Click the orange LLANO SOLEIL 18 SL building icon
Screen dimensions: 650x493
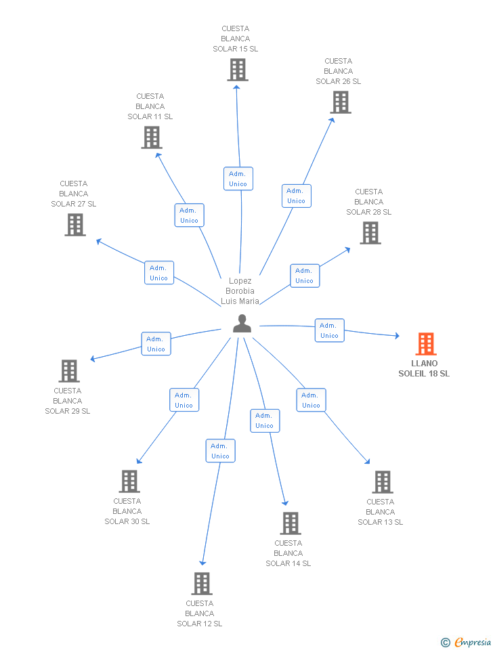pos(426,344)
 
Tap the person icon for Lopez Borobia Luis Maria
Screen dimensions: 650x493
pos(242,324)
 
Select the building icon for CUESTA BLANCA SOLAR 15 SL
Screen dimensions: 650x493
pos(237,70)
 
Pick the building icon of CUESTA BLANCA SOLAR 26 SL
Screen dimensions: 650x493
pos(340,102)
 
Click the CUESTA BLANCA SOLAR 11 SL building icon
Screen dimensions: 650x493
pos(152,137)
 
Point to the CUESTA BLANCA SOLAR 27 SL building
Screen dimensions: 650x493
pos(75,225)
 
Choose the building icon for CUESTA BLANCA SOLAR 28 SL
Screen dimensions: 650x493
pos(370,233)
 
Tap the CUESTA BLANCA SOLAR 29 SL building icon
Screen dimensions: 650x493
pos(69,371)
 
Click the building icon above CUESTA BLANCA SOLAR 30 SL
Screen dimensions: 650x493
pos(129,481)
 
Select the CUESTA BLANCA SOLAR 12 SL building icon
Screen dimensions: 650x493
pos(201,584)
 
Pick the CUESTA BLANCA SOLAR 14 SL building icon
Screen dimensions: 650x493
pos(290,523)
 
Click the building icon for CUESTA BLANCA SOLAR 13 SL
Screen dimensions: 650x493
pos(382,482)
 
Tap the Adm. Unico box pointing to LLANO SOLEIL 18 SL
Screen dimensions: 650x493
pos(329,330)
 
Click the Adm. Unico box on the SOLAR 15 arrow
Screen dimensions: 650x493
pos(238,179)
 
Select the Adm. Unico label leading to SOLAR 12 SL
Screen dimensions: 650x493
pos(220,451)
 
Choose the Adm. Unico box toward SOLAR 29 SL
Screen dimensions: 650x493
pos(156,344)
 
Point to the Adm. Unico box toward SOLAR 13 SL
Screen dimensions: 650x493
pos(311,400)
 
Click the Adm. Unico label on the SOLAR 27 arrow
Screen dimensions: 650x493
pos(158,273)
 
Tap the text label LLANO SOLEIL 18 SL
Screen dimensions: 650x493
pos(424,368)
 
